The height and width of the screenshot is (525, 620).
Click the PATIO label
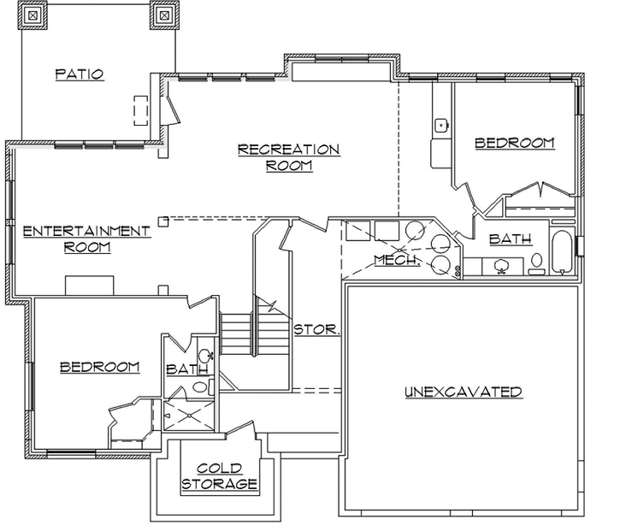[x=80, y=74]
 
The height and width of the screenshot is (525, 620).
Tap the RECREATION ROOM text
[x=288, y=157]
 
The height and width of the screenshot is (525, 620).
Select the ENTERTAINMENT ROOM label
[x=86, y=239]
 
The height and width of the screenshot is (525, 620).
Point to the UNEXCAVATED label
[x=463, y=392]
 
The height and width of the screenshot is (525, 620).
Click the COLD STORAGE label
[x=218, y=476]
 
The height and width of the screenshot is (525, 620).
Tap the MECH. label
[x=396, y=260]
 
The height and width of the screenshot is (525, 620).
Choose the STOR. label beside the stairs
[x=317, y=328]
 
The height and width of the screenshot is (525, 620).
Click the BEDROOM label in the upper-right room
[x=514, y=143]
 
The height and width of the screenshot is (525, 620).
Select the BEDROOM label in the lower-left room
[x=99, y=367]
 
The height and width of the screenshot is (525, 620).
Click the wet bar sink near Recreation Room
[x=441, y=126]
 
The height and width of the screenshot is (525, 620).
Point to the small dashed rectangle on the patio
[x=140, y=110]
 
